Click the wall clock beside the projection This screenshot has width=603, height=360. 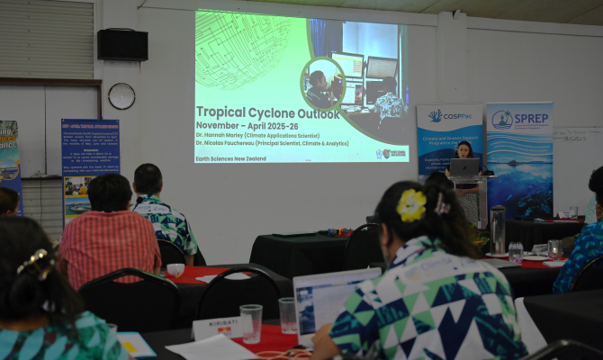click(x=121, y=95)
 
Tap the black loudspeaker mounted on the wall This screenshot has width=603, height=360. click(x=122, y=44)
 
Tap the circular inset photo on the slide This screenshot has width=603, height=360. click(x=323, y=84)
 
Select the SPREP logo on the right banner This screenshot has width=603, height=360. click(x=519, y=119)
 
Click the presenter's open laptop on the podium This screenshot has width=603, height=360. click(x=464, y=167)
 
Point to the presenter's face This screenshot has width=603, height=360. click(x=465, y=149)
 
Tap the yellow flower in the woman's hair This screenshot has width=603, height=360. click(x=412, y=205)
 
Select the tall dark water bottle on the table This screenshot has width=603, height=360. click(x=498, y=229)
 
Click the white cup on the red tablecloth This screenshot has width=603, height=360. click(x=175, y=270)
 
